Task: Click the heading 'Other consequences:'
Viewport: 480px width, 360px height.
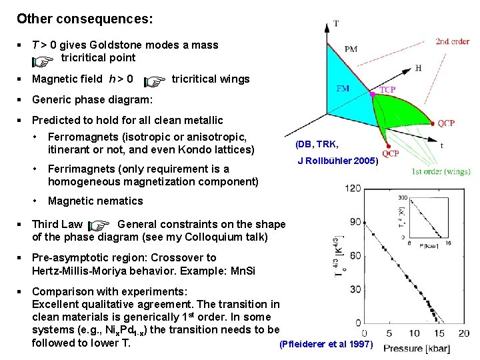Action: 85,19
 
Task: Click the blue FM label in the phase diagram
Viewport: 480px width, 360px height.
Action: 342,88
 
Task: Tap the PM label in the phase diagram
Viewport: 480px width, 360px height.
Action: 351,49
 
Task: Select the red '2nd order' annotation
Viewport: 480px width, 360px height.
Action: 452,41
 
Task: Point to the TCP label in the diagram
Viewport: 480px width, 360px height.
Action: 387,90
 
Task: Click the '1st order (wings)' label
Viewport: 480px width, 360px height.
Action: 441,172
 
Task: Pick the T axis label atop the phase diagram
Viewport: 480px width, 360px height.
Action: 335,24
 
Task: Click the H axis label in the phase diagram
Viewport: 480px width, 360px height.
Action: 418,68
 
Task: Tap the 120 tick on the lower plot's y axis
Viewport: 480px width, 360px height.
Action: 353,189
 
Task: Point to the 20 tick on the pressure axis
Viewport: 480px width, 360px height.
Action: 463,333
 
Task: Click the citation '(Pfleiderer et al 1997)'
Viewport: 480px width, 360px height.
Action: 327,344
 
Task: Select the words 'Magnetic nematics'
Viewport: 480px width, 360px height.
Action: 95,201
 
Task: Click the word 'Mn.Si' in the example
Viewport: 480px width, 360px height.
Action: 241,271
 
